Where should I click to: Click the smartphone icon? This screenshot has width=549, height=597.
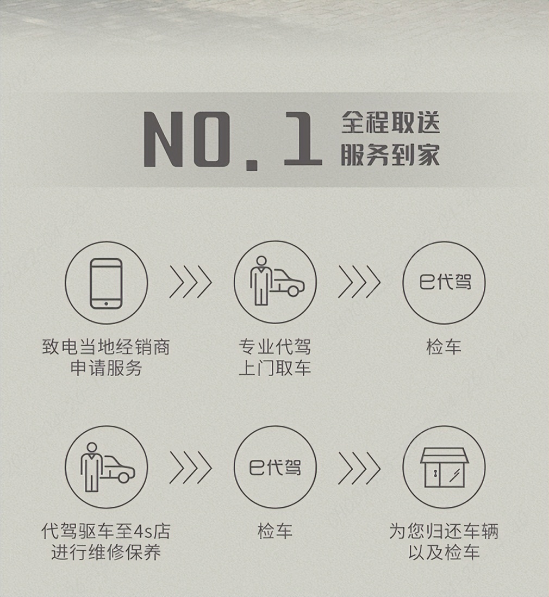[x=106, y=283]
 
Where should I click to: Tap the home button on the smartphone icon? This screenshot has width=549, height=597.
[x=106, y=303]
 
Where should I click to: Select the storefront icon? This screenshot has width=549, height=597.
[x=444, y=468]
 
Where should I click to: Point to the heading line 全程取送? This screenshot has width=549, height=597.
[x=390, y=122]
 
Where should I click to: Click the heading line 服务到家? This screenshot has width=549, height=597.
[x=390, y=154]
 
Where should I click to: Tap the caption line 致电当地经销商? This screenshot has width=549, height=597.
[x=106, y=347]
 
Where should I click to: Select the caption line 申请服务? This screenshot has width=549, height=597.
[x=106, y=368]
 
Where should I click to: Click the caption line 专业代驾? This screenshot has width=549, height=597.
[x=275, y=347]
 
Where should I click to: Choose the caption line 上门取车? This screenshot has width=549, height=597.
[x=275, y=368]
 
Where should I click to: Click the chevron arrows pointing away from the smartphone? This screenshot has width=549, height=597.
[x=190, y=282]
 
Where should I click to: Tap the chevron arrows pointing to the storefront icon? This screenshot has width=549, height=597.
[x=359, y=468]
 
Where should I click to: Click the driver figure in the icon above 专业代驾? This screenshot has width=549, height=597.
[x=261, y=281]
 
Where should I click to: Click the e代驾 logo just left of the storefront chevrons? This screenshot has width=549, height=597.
[x=275, y=467]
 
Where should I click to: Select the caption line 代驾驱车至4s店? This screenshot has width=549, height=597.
[x=106, y=531]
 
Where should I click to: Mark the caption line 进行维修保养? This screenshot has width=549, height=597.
[x=106, y=552]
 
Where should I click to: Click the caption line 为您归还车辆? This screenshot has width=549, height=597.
[x=444, y=531]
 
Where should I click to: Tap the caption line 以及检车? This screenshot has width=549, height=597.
[x=444, y=552]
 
